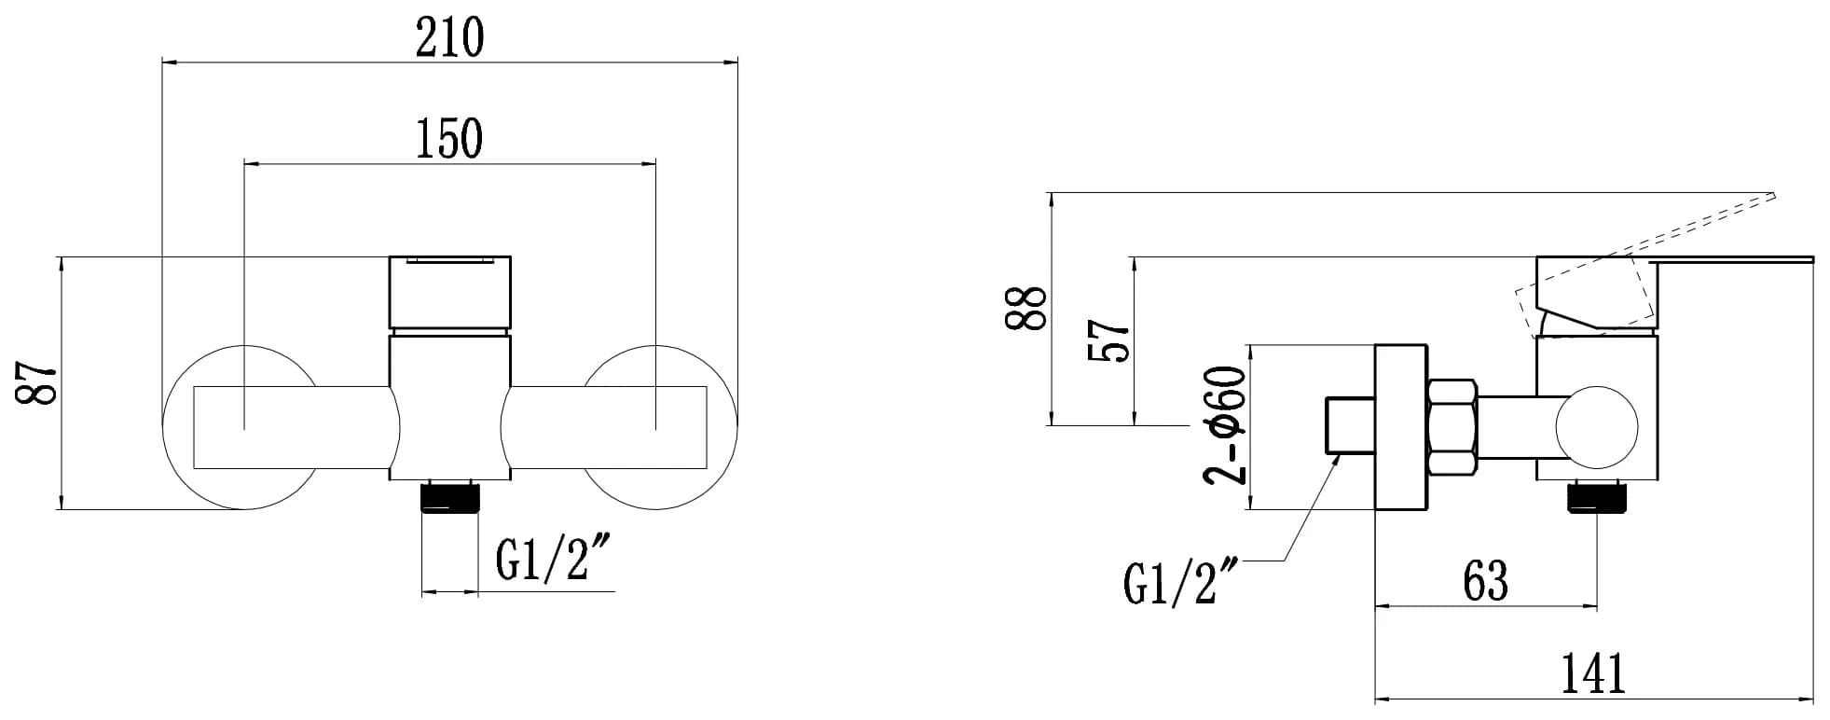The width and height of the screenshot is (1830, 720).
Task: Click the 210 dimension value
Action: click(449, 37)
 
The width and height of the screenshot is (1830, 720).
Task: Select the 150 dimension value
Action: click(449, 139)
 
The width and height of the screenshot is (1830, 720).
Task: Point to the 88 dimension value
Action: click(1025, 308)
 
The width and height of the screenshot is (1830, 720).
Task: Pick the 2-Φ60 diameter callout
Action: click(1224, 425)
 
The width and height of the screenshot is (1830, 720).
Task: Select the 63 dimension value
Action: click(1485, 580)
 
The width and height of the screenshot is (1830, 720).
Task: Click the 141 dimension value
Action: click(1593, 673)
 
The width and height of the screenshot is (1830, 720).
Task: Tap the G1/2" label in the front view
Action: click(554, 560)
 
